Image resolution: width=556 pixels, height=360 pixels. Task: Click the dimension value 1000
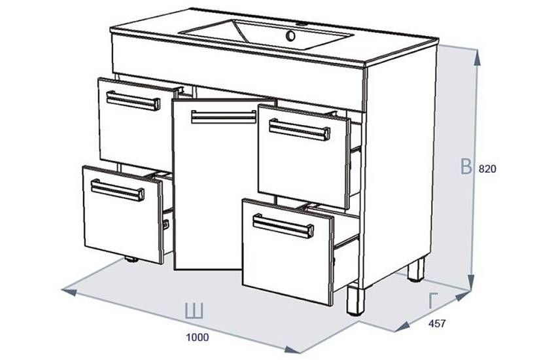[198, 337]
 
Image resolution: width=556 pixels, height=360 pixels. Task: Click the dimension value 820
[487, 169]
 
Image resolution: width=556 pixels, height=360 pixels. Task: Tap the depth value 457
[437, 323]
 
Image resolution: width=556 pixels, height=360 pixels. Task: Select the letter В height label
[466, 167]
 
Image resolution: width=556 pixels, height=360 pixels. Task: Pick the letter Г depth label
[432, 301]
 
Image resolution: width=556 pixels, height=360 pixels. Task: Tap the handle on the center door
[224, 117]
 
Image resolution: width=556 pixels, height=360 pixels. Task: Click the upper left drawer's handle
[133, 101]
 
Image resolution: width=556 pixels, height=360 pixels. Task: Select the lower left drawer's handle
[117, 190]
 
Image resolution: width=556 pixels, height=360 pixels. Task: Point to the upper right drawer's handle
[300, 130]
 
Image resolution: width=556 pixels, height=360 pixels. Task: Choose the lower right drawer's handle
[283, 226]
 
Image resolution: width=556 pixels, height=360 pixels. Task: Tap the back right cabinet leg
[416, 270]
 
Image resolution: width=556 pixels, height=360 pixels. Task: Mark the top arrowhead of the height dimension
[477, 58]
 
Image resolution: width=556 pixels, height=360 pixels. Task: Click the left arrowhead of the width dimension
[69, 291]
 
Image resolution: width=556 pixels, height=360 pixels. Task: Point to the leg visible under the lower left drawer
[132, 260]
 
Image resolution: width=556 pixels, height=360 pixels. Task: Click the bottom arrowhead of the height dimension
[471, 283]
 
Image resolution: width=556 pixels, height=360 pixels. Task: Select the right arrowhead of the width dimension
[293, 350]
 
